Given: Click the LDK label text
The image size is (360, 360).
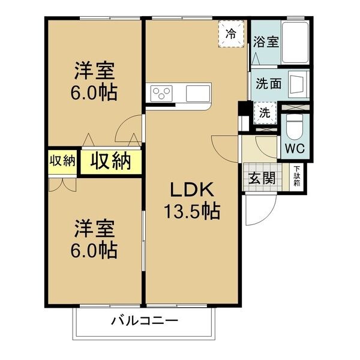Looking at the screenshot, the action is (192, 189).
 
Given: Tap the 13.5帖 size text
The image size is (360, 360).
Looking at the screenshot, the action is (192, 211).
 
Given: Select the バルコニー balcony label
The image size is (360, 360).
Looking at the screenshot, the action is (145, 320).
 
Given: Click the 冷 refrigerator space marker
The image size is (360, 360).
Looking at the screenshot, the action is (231, 34).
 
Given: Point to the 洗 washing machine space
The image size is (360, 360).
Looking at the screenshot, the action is (265, 113).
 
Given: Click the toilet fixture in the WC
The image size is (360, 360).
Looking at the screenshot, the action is (295, 127).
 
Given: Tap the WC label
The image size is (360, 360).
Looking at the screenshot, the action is (295, 148).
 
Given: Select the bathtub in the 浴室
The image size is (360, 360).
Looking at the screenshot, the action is (295, 43).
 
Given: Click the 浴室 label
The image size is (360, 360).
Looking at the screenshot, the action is (266, 42).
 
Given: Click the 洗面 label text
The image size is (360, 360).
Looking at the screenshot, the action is (268, 83).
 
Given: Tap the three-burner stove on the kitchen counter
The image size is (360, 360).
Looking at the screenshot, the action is (161, 94).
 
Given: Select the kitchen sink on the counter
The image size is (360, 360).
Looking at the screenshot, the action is (198, 94).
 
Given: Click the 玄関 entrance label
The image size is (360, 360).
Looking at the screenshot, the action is (262, 178).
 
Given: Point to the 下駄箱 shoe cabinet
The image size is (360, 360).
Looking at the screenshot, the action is (297, 176).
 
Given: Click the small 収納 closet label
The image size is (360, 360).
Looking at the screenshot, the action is (62, 161).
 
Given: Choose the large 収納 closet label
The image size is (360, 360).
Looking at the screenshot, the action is (111, 161).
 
